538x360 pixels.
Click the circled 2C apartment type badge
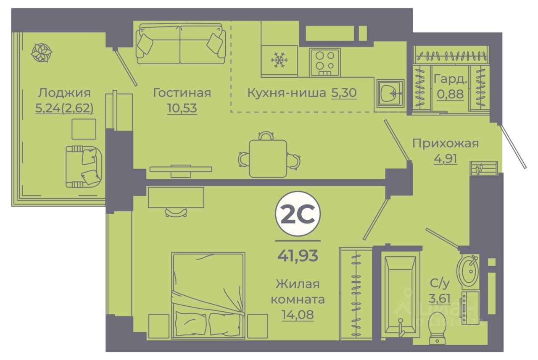click(x=298, y=214)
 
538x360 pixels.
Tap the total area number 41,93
click(x=298, y=255)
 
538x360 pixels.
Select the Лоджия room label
click(x=64, y=92)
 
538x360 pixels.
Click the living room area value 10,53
click(x=182, y=108)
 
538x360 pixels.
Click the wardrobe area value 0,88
click(x=450, y=94)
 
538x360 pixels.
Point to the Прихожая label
click(x=445, y=143)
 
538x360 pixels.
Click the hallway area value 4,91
click(x=445, y=158)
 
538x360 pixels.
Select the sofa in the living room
click(x=180, y=44)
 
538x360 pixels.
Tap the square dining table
click(x=268, y=158)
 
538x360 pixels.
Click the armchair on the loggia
click(x=84, y=166)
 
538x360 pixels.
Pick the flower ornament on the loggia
click(x=42, y=53)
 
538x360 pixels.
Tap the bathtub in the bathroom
click(x=401, y=294)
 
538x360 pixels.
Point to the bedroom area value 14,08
click(x=298, y=315)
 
